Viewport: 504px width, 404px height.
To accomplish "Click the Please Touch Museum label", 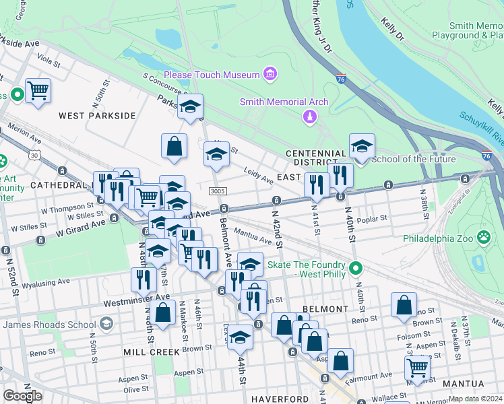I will point(212,74).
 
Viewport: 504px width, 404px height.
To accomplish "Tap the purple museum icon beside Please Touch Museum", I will point(270,73).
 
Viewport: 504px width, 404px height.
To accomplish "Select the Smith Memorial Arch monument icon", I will point(309,117).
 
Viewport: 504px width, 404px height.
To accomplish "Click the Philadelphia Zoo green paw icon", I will point(483,237).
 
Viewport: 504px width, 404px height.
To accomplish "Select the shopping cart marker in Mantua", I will point(417,368).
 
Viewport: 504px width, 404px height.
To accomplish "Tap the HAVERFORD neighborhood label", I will point(280,399).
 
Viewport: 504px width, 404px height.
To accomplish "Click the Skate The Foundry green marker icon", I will point(356,269).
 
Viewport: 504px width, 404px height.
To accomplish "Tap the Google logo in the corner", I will point(22,396).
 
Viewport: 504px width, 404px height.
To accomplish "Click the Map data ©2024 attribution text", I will point(474,399).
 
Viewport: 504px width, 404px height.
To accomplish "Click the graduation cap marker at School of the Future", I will point(362,147).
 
